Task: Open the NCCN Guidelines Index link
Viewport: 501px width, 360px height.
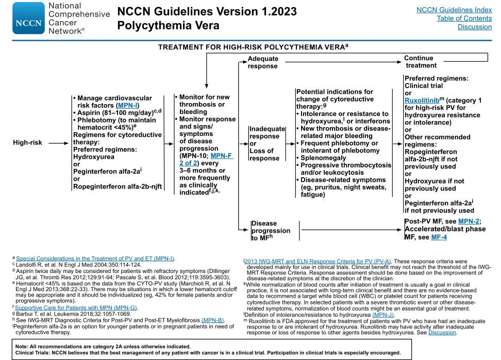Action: [x=454, y=10]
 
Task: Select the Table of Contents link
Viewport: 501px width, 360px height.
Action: [x=464, y=19]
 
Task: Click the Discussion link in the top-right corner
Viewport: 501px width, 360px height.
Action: [x=474, y=27]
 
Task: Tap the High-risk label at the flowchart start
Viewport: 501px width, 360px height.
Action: [x=27, y=142]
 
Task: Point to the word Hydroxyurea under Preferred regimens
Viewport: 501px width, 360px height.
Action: [x=93, y=157]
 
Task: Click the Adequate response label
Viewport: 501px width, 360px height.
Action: [x=263, y=62]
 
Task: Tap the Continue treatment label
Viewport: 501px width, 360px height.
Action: [x=420, y=62]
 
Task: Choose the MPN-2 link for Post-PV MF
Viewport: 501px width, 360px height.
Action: [x=470, y=221]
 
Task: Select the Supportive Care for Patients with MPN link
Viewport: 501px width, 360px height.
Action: [x=76, y=307]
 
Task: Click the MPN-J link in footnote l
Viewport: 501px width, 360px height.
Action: [x=383, y=315]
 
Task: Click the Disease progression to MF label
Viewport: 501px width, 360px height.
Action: [x=271, y=231]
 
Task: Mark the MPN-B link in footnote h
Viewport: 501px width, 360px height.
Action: [x=212, y=320]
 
